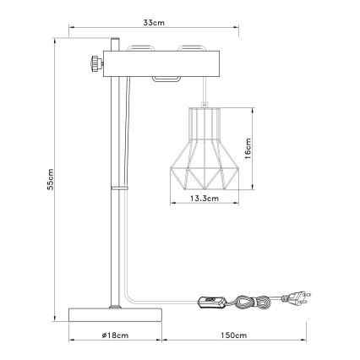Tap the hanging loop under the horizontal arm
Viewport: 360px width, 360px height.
(x=166, y=80)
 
